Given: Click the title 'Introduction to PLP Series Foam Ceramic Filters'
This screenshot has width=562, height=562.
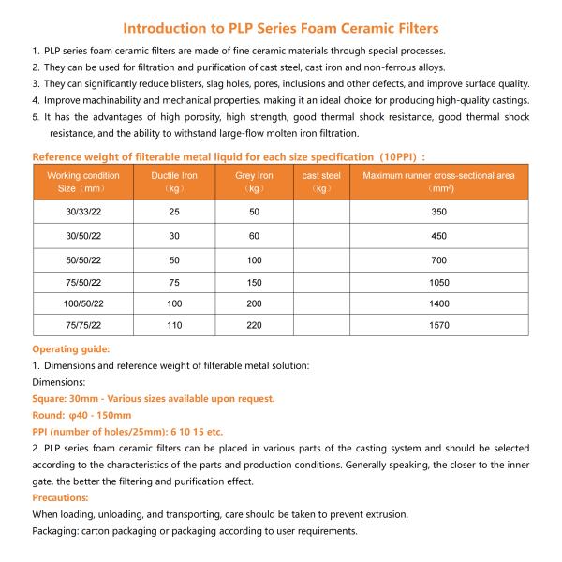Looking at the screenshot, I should (281, 27).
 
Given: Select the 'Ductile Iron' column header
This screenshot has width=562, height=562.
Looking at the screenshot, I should (174, 175).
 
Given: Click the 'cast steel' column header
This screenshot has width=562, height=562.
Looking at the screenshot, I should (321, 175).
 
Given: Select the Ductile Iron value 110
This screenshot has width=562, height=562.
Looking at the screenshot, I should (174, 325).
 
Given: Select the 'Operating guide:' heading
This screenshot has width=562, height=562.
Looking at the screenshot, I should (72, 348).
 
